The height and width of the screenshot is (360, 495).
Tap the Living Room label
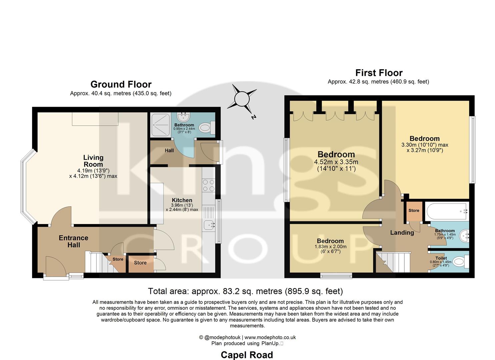pyautogui.click(x=93, y=161)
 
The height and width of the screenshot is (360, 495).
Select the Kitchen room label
pyautogui.click(x=182, y=200)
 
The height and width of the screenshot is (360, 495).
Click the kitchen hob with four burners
pyautogui.click(x=209, y=185)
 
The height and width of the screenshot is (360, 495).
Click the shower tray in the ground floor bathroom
pyautogui.click(x=161, y=125)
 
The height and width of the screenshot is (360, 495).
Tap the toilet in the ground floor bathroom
pyautogui.click(x=205, y=127)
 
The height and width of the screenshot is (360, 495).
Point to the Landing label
pyautogui.click(x=402, y=233)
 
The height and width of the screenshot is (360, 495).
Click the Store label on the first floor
pyautogui.click(x=414, y=211)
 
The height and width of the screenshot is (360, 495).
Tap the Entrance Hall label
pyautogui.click(x=74, y=241)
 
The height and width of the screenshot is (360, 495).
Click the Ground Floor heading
pyautogui.click(x=121, y=84)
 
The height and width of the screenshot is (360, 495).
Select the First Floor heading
pyautogui.click(x=379, y=73)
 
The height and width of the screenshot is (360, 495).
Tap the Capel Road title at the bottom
pyautogui.click(x=247, y=355)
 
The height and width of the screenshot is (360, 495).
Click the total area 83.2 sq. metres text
pyautogui.click(x=245, y=291)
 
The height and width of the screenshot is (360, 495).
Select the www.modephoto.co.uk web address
pyautogui.click(x=270, y=337)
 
